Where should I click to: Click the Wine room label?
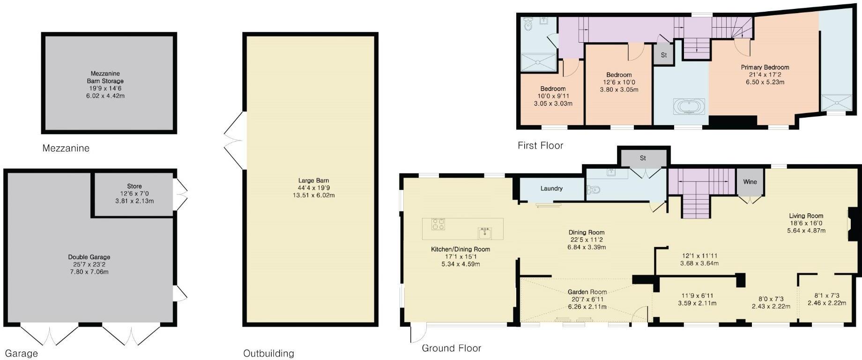point(750,182)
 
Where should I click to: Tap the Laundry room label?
point(551,188)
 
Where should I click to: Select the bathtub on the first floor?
point(688,107)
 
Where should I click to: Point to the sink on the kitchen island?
point(484,232)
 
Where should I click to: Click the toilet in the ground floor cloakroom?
point(594,190)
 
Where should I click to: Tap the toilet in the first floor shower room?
point(529,24)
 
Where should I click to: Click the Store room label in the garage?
point(134,186)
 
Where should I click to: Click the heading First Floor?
point(540,146)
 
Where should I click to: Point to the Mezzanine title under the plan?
point(66,149)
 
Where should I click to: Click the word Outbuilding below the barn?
point(268,353)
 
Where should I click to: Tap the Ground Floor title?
point(451,348)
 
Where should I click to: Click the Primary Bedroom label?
point(765,67)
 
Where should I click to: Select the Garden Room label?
point(587,292)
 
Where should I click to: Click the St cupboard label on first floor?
point(663,55)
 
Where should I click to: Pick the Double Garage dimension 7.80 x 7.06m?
point(89,272)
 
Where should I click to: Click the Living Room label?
point(806,216)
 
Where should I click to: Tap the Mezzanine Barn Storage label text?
point(106,77)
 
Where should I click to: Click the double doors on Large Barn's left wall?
point(233,140)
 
